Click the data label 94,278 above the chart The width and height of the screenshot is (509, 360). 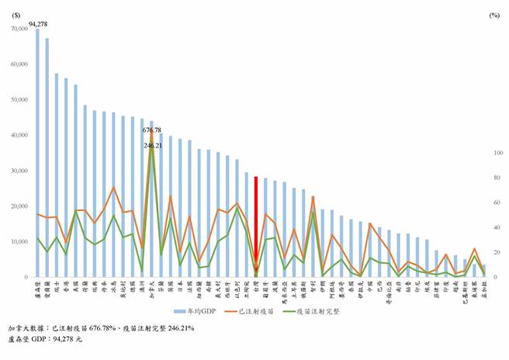click(39, 24)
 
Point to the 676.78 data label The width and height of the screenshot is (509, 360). click(152, 130)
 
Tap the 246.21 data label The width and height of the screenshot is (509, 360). click(152, 145)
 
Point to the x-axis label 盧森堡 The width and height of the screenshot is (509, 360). click(38, 289)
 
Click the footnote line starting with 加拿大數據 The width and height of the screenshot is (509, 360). click(100, 328)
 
